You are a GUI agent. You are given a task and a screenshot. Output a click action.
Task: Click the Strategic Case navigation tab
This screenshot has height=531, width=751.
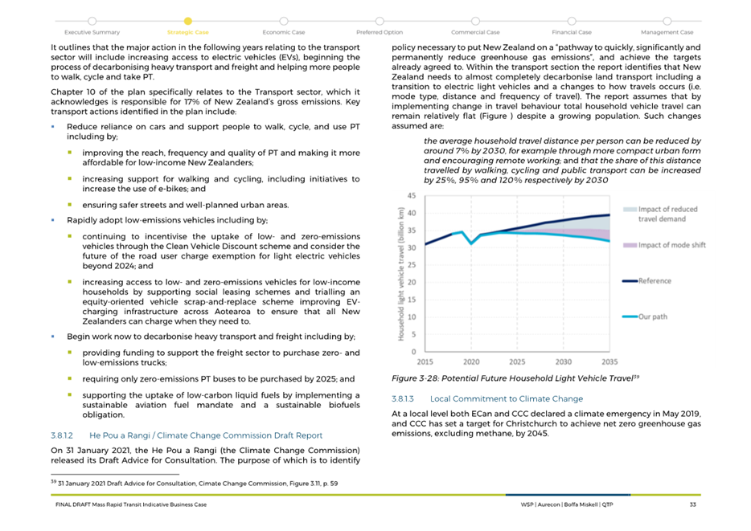pos(187,32)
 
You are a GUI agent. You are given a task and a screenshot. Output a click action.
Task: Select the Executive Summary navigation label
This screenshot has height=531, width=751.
pos(92,32)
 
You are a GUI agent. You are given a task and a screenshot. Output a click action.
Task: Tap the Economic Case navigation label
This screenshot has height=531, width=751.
pos(284,32)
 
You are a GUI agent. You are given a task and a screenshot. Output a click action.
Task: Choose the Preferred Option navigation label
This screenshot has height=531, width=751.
pos(380,32)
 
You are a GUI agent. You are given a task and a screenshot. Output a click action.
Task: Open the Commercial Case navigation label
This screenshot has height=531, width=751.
pos(475,32)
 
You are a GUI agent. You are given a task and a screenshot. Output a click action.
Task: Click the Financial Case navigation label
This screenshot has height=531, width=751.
pos(572,32)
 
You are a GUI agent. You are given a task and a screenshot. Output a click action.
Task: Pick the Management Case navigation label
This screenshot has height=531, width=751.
pos(667,32)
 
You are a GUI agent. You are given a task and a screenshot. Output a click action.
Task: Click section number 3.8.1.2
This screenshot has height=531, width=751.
pos(63,435)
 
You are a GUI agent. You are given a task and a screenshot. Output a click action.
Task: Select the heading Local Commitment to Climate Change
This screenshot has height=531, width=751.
pos(507,398)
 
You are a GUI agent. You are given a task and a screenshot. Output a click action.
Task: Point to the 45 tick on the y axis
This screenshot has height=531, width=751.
pos(411,196)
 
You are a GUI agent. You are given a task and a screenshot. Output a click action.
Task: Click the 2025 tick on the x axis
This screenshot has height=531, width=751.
pos(517,362)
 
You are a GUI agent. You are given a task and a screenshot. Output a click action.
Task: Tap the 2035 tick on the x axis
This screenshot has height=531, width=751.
pos(609,362)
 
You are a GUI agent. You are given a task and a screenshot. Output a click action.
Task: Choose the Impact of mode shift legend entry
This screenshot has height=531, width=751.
pos(671,245)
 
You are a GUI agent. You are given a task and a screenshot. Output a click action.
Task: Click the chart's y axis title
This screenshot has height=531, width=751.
pos(400,274)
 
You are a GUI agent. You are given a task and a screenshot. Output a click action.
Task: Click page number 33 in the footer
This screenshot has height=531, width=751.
pos(692,504)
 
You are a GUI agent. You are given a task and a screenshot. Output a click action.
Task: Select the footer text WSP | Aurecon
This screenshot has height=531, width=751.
pos(573,504)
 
